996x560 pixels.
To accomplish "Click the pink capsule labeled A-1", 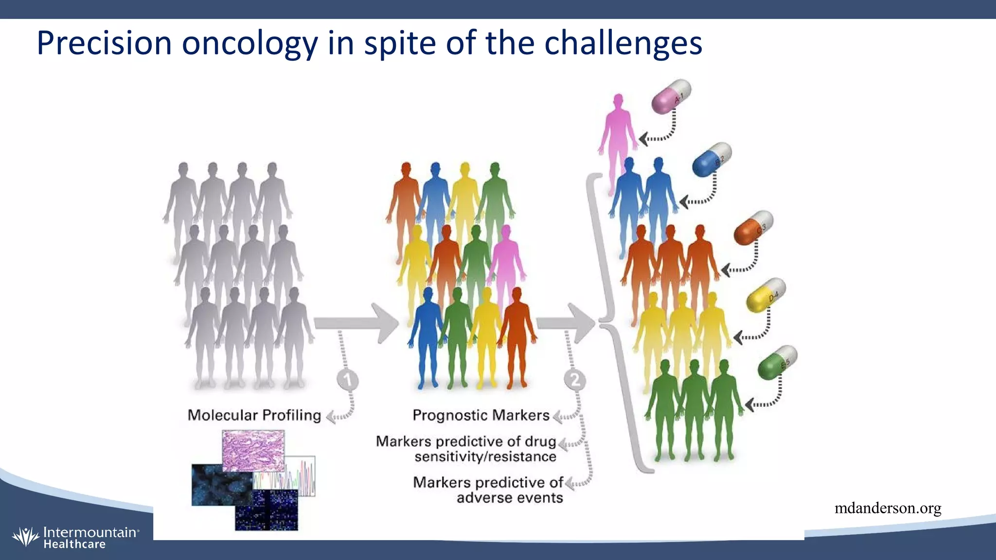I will tap(671, 97).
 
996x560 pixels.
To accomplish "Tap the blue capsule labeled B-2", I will tap(711, 159).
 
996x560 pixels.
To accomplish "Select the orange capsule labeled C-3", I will tap(753, 227).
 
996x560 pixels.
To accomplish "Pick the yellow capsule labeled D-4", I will tap(765, 295).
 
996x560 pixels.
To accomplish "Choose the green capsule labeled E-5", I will tap(777, 363).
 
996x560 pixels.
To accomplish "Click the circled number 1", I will tap(347, 380).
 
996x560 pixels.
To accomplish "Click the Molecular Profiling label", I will tap(254, 415).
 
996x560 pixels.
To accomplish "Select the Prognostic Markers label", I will tap(480, 415).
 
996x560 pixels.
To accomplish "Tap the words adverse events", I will tap(510, 498).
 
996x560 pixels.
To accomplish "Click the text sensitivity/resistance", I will tap(485, 456).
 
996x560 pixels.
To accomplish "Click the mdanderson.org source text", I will tap(888, 508).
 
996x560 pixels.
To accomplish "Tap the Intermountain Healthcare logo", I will tap(75, 538).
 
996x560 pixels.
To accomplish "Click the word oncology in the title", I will tap(249, 43).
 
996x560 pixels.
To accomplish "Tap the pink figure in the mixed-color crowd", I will tap(506, 262).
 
